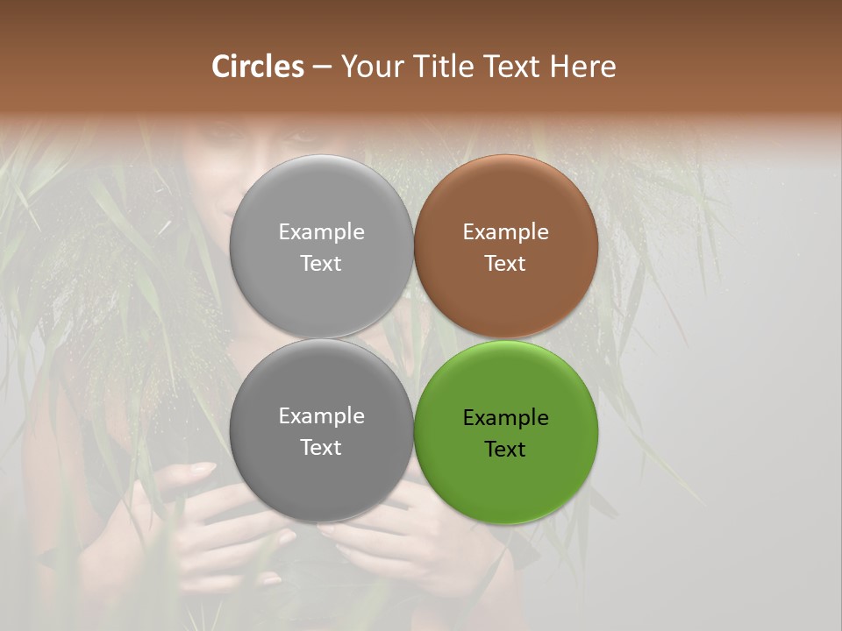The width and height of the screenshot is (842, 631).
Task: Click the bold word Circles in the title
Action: pyautogui.click(x=258, y=67)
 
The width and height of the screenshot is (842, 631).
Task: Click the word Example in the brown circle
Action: pyautogui.click(x=506, y=232)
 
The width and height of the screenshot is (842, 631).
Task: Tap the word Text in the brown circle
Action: pyautogui.click(x=506, y=263)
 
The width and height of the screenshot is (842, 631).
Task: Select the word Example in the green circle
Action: pyautogui.click(x=506, y=418)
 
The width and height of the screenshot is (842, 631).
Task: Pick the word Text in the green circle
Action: pyautogui.click(x=506, y=449)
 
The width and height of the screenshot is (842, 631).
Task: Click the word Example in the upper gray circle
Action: pyautogui.click(x=322, y=232)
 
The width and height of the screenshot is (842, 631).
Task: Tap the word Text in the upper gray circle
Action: pyautogui.click(x=322, y=263)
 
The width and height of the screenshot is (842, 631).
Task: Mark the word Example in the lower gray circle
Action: pyautogui.click(x=322, y=416)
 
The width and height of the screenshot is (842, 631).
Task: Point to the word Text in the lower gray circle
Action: pyautogui.click(x=322, y=447)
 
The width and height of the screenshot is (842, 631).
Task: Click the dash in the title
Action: pyautogui.click(x=322, y=67)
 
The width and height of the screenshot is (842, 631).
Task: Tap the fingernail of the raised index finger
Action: pyautogui.click(x=203, y=469)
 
